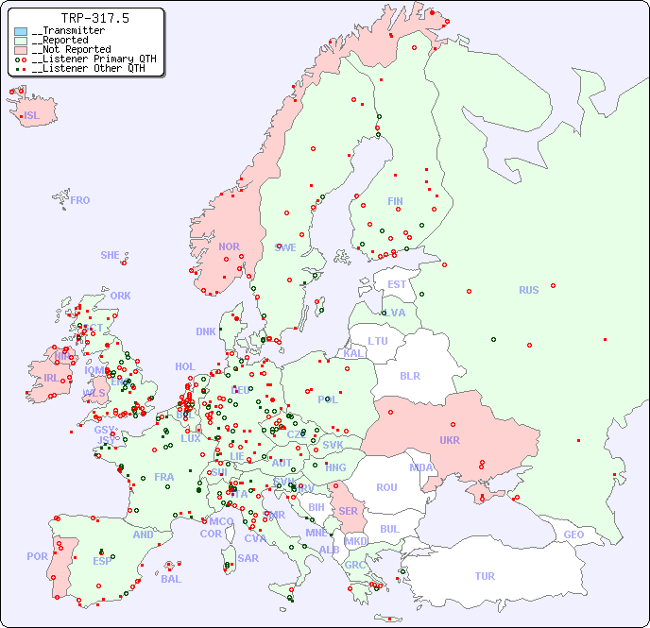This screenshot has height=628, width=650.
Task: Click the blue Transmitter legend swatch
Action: (21, 31)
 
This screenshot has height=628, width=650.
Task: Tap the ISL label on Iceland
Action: (31, 116)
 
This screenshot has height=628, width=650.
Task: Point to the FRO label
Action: (80, 200)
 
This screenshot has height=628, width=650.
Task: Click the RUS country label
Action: (528, 290)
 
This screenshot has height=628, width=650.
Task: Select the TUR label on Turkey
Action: (485, 576)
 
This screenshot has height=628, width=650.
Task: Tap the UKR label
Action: (450, 440)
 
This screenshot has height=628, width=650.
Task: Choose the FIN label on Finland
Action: (395, 201)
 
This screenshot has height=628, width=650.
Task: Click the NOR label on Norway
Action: (229, 246)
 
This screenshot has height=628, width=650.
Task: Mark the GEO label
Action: (573, 535)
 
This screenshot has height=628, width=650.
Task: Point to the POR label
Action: (37, 556)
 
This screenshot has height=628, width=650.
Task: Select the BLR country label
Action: (410, 375)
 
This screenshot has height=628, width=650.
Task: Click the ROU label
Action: (386, 487)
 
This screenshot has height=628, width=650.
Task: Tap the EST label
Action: (397, 284)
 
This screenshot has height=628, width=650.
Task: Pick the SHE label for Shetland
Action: (111, 255)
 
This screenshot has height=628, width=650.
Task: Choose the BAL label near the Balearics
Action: (171, 579)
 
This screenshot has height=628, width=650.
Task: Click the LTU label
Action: (378, 341)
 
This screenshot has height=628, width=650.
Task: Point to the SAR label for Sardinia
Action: (248, 558)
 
